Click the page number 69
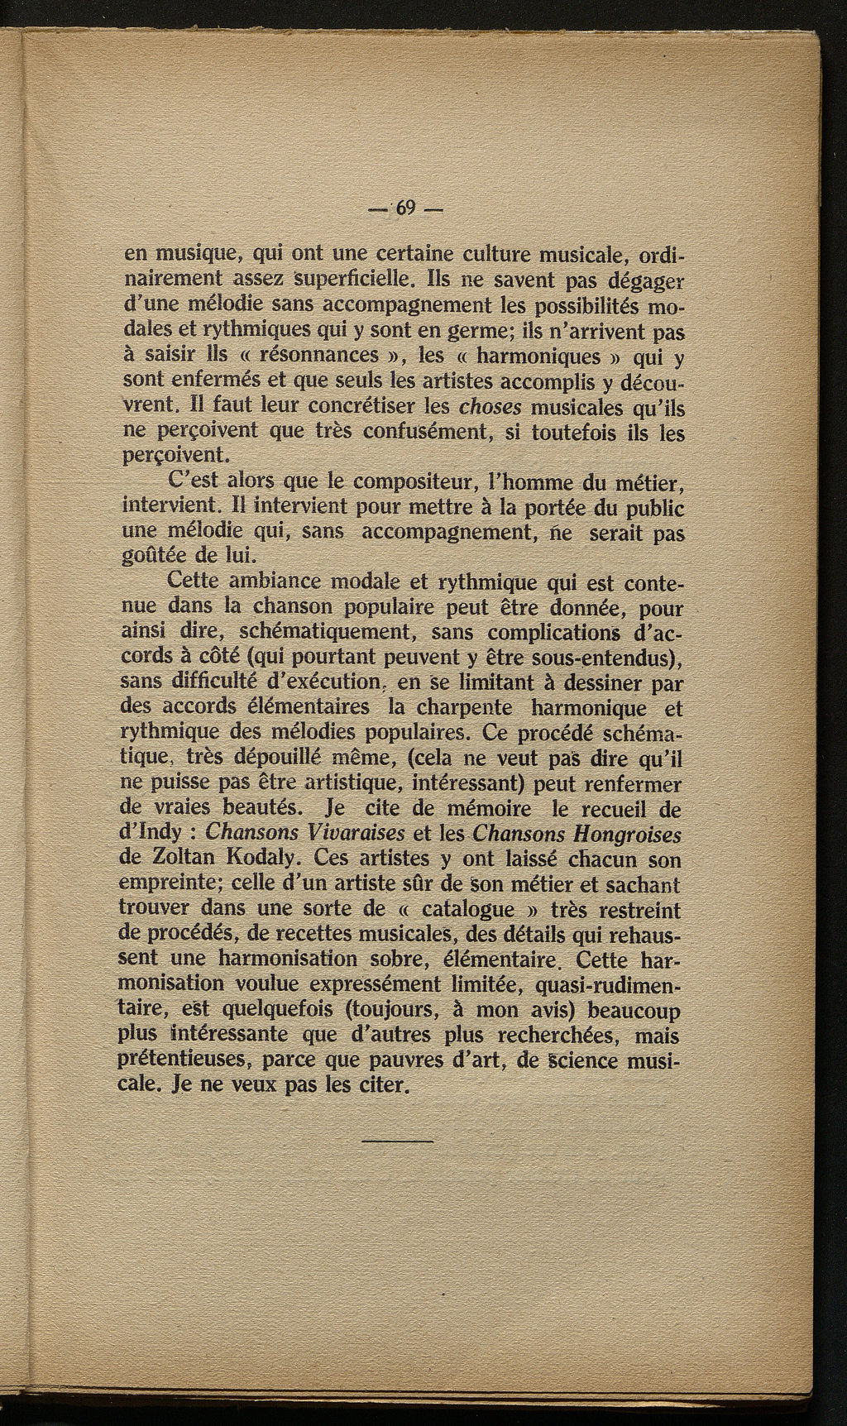tap(405, 208)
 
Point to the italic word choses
tap(488, 407)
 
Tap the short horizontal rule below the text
tap(397, 1143)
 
